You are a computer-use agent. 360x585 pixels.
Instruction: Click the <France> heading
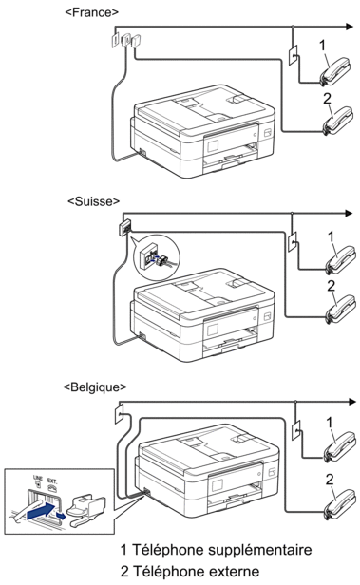tap(91, 12)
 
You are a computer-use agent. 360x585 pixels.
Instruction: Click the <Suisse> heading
tap(94, 201)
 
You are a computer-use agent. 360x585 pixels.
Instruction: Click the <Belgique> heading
tap(95, 387)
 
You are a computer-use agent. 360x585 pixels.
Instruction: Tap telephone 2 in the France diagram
tap(337, 121)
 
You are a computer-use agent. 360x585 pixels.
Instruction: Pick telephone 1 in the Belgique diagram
tap(339, 446)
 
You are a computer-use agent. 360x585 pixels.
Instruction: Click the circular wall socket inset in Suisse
tap(157, 257)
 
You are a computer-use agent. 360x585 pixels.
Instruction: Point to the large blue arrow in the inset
tap(41, 510)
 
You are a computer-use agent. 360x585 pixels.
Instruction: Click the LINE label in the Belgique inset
tap(38, 478)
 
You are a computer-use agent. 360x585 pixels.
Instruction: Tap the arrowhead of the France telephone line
tap(350, 27)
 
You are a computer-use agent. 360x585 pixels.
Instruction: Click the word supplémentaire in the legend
tap(259, 550)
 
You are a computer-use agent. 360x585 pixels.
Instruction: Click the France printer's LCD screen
tap(212, 144)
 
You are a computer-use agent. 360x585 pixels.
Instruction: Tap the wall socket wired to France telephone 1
tap(294, 55)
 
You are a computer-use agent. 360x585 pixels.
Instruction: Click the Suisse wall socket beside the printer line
tap(125, 227)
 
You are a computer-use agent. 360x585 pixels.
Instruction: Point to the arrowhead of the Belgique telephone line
tap(352, 402)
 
